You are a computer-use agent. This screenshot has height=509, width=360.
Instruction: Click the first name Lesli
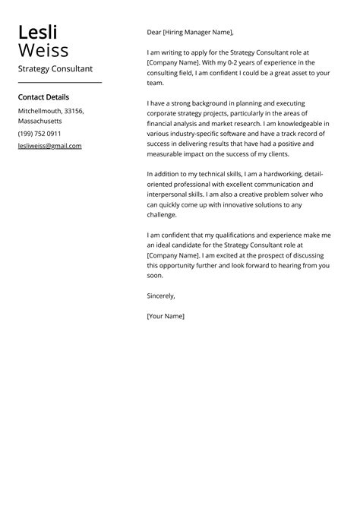click(x=38, y=33)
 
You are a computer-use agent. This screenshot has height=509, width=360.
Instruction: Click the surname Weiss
click(x=43, y=51)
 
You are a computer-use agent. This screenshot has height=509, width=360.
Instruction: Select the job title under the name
click(x=55, y=69)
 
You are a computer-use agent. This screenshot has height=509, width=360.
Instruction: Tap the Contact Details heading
click(x=43, y=97)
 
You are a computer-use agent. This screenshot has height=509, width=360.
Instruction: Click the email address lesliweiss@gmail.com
click(x=49, y=146)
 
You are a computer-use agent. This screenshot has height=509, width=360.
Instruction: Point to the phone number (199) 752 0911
click(x=39, y=134)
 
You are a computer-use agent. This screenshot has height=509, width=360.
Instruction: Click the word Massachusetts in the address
click(x=40, y=122)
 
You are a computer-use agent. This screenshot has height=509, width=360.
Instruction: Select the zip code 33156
click(x=74, y=111)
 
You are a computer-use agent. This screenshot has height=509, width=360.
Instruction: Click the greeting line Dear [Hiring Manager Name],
click(x=191, y=33)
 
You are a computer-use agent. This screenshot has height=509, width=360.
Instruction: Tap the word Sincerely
click(x=161, y=296)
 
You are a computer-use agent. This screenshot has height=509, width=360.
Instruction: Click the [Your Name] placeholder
click(x=166, y=316)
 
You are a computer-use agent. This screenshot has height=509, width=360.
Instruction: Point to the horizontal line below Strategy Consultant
click(x=59, y=83)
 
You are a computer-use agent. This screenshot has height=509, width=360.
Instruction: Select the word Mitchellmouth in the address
click(x=39, y=111)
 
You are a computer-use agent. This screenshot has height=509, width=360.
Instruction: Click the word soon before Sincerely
click(x=156, y=276)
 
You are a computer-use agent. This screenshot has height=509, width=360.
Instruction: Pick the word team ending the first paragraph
click(x=156, y=83)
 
